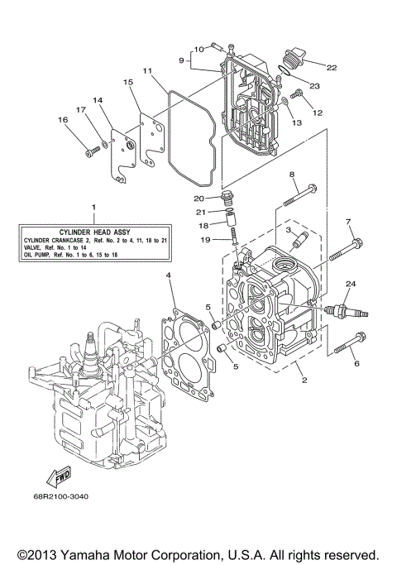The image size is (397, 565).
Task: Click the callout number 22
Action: click(331, 67)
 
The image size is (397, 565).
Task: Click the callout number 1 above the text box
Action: click(93, 205)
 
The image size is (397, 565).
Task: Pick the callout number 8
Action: click(292, 175)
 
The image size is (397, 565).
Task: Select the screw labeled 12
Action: click(301, 98)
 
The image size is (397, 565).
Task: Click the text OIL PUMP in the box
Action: click(39, 255)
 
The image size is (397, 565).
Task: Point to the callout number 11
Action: click(146, 71)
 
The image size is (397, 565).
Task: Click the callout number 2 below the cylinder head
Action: click(304, 381)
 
